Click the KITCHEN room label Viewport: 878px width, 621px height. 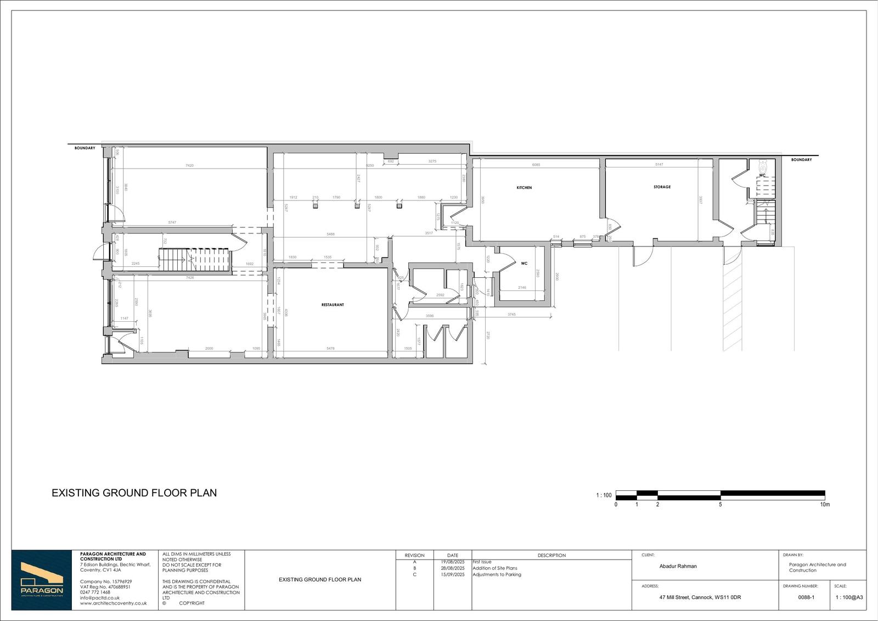pos(524,188)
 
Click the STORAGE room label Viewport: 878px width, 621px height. pos(662,187)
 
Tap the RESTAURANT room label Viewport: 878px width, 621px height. pos(333,305)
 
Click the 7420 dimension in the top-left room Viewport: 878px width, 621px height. pos(189,165)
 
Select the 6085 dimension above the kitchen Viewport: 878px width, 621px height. pos(536,165)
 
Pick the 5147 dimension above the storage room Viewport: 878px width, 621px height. pos(659,165)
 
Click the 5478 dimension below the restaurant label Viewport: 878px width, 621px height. pos(331,349)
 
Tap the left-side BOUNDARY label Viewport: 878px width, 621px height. pos(85,148)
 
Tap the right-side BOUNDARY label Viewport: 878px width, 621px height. pos(801,160)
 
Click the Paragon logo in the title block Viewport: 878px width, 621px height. pos(42,580)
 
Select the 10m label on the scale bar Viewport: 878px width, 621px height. pos(825,504)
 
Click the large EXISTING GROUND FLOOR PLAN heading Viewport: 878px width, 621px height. pos(134,493)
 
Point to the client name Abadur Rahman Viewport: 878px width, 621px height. pos(678,566)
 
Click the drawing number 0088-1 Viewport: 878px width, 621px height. pos(806,597)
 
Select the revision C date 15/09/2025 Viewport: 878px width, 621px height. pos(453,575)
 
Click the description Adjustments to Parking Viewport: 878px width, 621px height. pos(497,575)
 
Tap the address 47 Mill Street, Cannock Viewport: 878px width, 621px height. pos(700,597)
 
